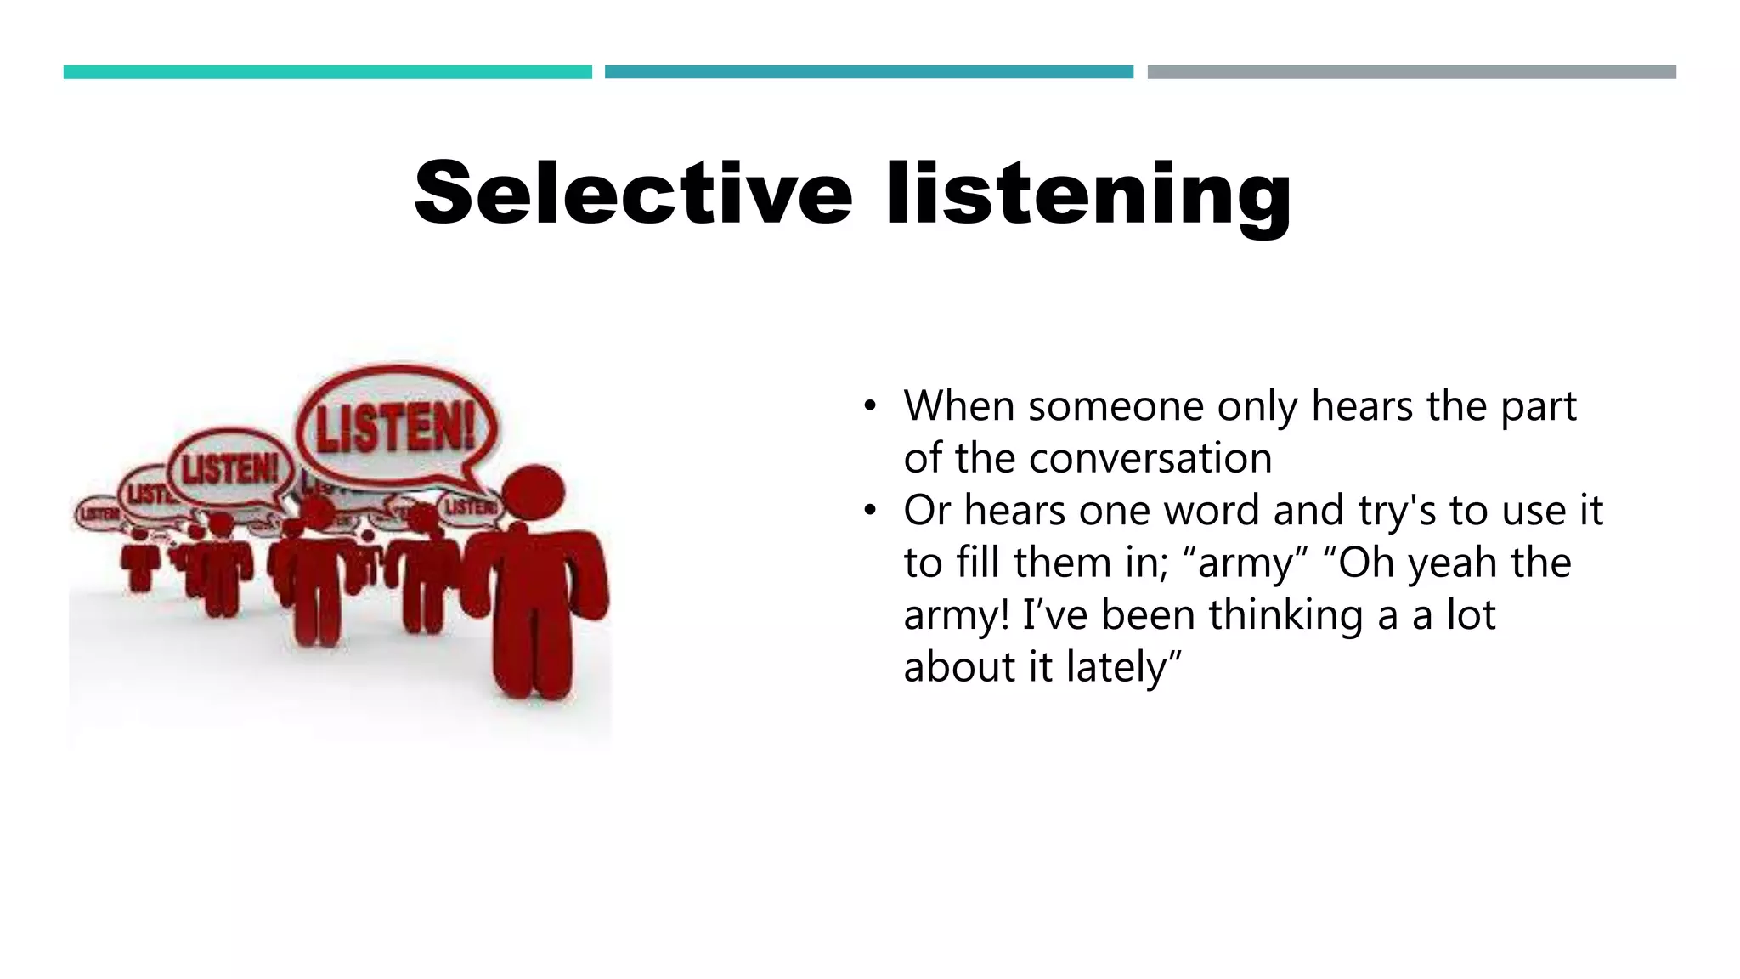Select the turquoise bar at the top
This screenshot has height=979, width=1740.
(x=327, y=72)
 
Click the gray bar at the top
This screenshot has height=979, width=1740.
(x=1411, y=72)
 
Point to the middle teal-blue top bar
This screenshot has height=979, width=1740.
(x=868, y=72)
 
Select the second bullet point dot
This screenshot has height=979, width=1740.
(x=868, y=511)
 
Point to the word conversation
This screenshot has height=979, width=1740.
(x=1150, y=458)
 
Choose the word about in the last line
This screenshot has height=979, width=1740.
(x=959, y=667)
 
